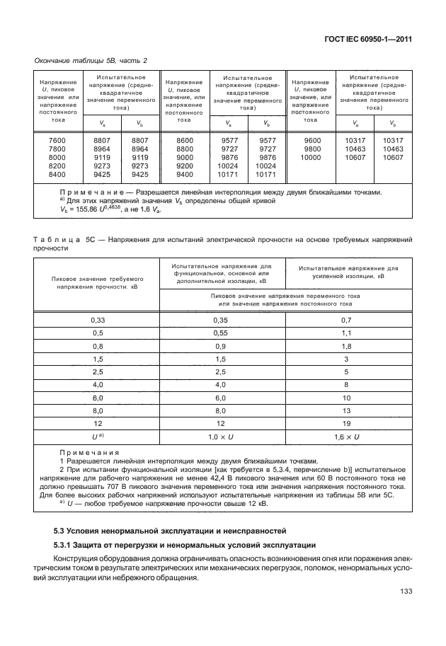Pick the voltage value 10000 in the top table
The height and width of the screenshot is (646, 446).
click(311, 157)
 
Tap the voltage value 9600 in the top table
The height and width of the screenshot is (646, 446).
click(311, 141)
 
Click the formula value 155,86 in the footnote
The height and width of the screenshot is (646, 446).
click(92, 210)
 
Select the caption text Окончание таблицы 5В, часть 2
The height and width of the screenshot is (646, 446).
click(91, 60)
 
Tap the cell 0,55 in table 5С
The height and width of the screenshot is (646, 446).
click(222, 333)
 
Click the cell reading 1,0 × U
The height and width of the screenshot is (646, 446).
click(222, 437)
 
